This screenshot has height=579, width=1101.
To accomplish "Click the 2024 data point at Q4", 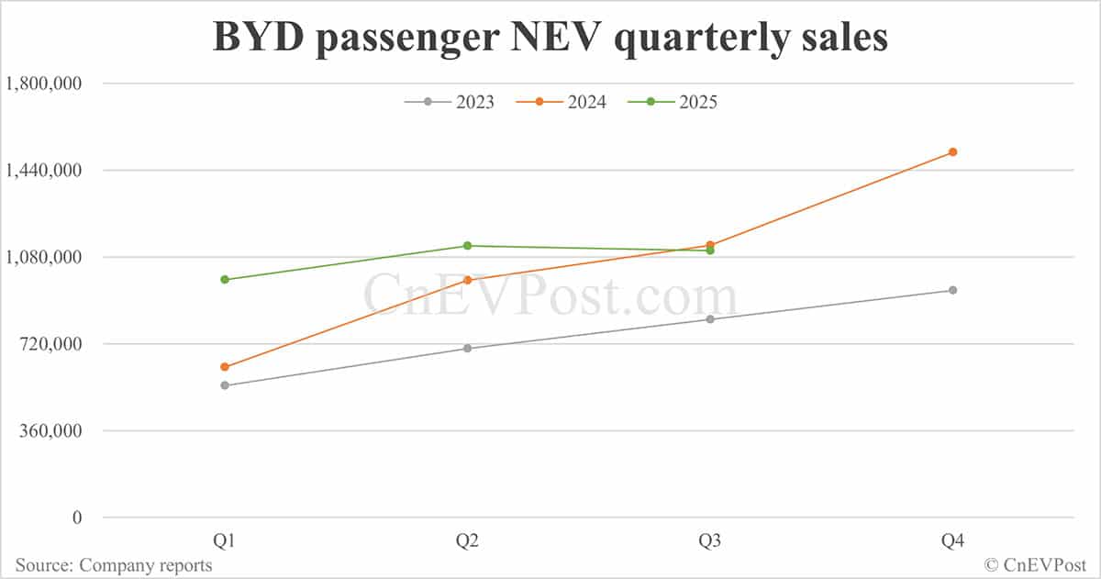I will click(x=952, y=152).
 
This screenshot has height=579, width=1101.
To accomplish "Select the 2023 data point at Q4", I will click(x=952, y=290).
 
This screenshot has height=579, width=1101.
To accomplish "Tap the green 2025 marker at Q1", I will click(x=225, y=280).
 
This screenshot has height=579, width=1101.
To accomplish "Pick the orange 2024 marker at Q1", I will click(x=225, y=367).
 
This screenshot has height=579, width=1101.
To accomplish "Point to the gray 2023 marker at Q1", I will click(x=225, y=385).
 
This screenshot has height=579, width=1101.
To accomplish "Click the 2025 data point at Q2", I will click(x=467, y=246).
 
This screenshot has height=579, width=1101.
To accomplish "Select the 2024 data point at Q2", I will click(x=467, y=280).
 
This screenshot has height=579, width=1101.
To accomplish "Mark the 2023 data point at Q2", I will click(x=467, y=349).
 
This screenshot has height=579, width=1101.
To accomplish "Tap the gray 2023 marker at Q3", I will click(x=710, y=319).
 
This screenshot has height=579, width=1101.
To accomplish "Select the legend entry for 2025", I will click(x=673, y=102).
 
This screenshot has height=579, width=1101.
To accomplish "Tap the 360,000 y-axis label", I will click(x=51, y=431).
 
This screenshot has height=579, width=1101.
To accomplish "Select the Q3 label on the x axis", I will click(x=710, y=541).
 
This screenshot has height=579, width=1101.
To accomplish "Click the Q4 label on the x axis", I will click(x=952, y=541).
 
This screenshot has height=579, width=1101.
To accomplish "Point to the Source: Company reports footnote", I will click(x=114, y=565).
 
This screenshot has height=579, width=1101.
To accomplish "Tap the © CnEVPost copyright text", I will click(x=1037, y=565).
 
